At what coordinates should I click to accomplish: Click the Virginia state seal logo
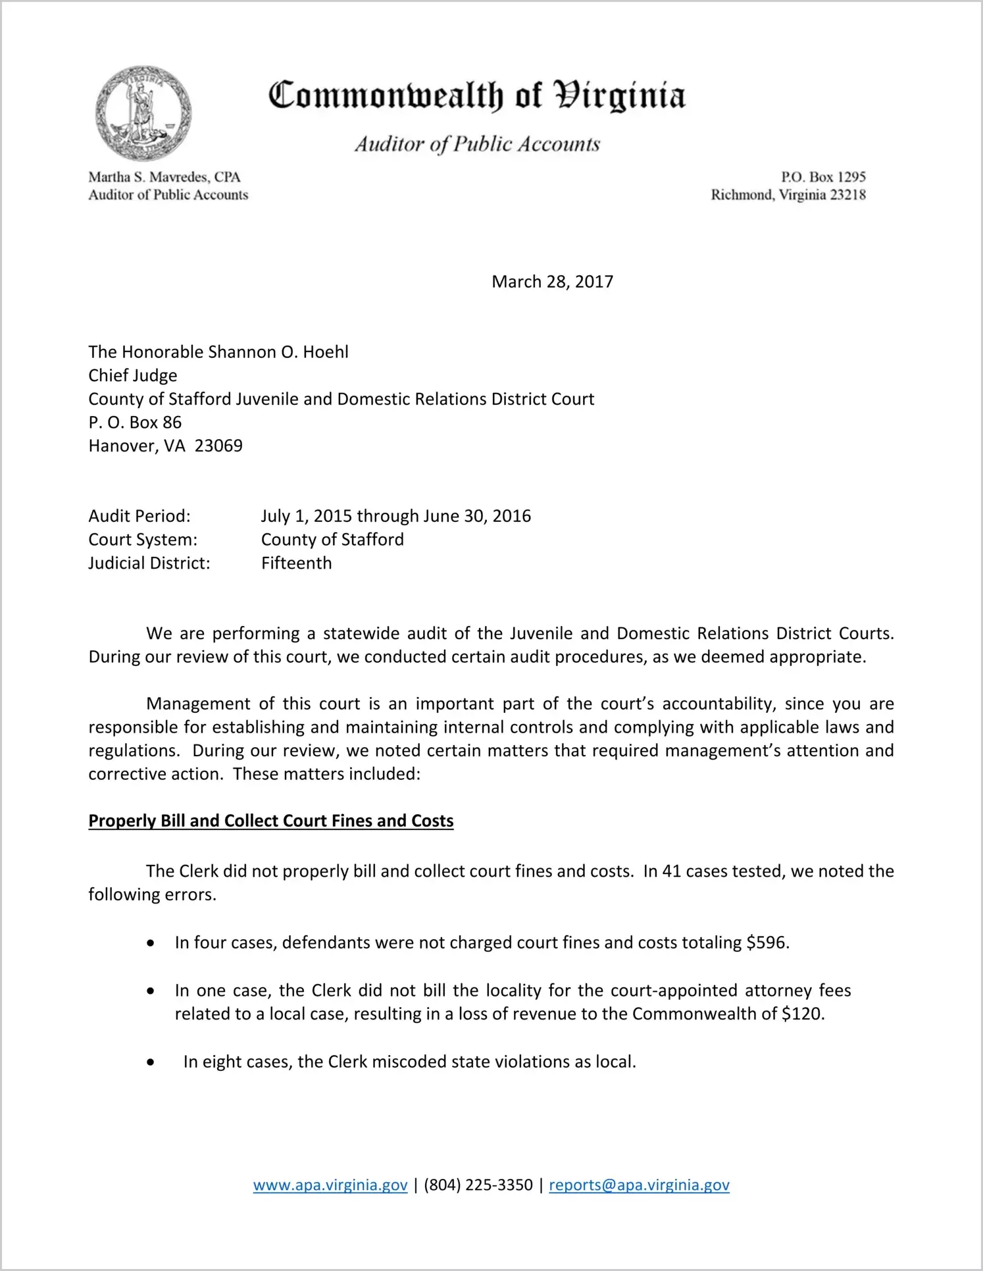tap(143, 113)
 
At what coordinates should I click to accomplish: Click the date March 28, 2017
tap(552, 282)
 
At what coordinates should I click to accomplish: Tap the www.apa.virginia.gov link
tap(330, 1185)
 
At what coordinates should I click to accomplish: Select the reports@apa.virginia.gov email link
tap(639, 1185)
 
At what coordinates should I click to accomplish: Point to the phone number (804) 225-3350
tap(478, 1185)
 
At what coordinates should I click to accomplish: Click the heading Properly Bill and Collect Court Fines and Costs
tap(271, 821)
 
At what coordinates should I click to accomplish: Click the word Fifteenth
tap(297, 563)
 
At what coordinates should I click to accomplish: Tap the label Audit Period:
tap(139, 516)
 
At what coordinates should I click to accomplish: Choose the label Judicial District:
tap(149, 563)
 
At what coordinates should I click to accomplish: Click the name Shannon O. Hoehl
tap(278, 352)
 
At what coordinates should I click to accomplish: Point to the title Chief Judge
tap(133, 375)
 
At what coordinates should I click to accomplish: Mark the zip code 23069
tap(218, 446)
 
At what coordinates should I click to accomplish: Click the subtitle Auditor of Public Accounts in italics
tap(478, 144)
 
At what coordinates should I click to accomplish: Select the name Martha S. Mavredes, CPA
tap(164, 177)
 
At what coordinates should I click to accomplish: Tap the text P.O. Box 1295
tap(823, 177)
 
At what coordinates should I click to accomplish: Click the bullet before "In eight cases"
tap(151, 1062)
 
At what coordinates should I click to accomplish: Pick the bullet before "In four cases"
tap(151, 943)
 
